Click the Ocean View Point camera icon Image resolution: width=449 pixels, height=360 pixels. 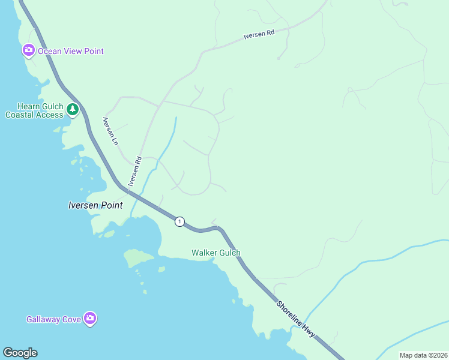[28, 51]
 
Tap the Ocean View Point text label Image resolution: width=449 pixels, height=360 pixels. [71, 51]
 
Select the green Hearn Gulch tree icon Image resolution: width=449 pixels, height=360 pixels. [73, 109]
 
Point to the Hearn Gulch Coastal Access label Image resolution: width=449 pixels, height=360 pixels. [34, 110]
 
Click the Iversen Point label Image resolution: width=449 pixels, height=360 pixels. [95, 205]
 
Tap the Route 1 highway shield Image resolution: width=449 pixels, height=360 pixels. [179, 221]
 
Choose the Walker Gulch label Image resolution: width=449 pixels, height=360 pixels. [216, 253]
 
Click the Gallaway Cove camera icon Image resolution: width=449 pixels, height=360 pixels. [90, 319]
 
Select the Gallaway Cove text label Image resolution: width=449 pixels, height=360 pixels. [53, 319]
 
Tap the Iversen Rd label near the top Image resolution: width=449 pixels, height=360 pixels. [259, 35]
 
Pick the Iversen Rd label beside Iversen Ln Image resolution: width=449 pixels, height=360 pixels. [134, 172]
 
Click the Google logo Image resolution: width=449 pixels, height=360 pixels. [20, 353]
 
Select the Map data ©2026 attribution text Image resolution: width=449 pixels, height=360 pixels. [423, 355]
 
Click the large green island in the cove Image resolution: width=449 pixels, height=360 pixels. [139, 258]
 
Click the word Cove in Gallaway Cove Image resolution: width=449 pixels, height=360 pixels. [71, 319]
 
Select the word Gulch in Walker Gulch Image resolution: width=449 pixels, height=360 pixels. [229, 253]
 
